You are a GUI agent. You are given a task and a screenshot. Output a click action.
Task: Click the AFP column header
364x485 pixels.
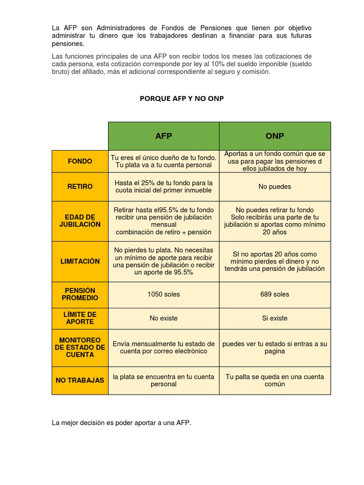[x=164, y=136]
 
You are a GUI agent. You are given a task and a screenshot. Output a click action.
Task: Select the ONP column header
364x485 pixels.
[x=275, y=136]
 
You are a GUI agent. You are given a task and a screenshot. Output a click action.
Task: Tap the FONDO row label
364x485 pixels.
[x=80, y=161]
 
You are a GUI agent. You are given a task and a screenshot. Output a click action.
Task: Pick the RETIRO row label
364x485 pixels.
[x=80, y=187]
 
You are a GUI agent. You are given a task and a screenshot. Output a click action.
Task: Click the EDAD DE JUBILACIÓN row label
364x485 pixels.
[x=80, y=221]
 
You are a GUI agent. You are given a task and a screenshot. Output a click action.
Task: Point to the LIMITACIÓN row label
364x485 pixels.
[x=80, y=261]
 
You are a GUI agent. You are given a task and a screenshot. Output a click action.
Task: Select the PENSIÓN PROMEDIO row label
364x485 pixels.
[x=80, y=294]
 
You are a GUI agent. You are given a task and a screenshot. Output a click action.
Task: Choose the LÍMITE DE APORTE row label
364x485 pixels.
[x=80, y=318]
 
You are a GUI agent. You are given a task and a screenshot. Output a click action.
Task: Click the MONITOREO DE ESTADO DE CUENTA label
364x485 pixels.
[x=80, y=347]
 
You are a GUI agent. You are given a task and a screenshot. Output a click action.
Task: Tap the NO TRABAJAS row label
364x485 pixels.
[x=80, y=380]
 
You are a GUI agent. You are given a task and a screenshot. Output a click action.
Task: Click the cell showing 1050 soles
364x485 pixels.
[x=164, y=294]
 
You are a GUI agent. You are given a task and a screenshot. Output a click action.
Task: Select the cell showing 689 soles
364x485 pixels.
[x=275, y=294]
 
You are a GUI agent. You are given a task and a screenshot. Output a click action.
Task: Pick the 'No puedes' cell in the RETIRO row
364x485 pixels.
[x=275, y=187]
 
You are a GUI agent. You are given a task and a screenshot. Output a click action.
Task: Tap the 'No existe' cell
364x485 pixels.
[x=164, y=318]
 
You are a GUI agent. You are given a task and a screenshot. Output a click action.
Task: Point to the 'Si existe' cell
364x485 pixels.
[x=275, y=318]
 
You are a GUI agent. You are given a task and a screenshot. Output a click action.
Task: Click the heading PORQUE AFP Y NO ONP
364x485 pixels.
[x=182, y=99]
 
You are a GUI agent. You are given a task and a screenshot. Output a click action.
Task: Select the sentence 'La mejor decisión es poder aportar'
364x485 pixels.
[x=121, y=423]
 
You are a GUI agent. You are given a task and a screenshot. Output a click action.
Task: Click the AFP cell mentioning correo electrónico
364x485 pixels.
[x=164, y=348]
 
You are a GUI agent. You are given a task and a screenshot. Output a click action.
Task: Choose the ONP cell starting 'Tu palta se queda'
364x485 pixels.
[x=275, y=380]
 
